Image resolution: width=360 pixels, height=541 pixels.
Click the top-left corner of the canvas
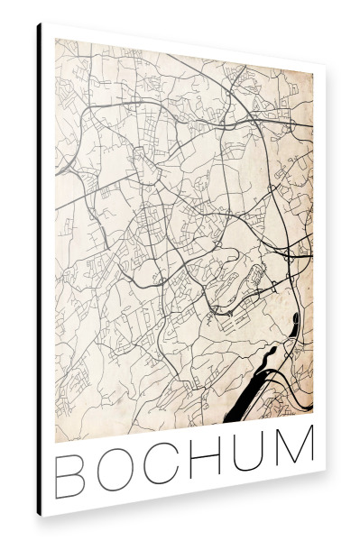[x=37, y=23]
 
